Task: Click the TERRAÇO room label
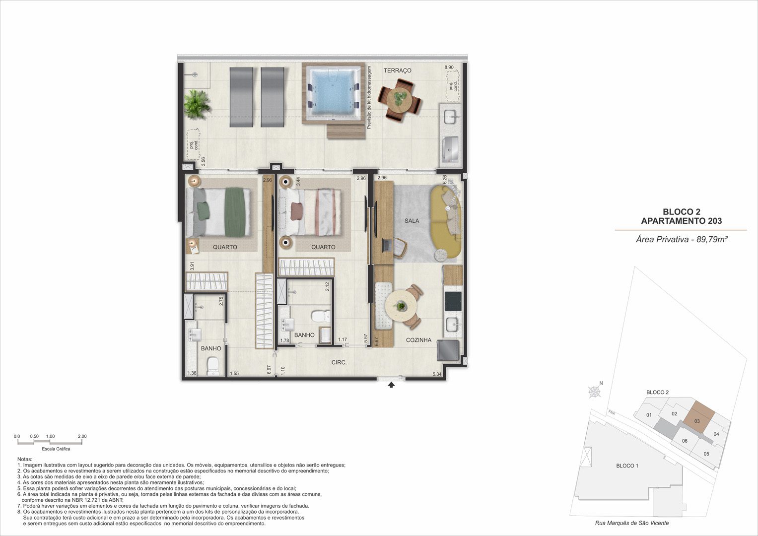(397, 70)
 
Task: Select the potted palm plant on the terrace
(197, 104)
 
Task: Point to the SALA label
(412, 221)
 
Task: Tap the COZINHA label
(418, 340)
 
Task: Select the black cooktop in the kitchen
(453, 301)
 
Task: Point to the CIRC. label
(339, 362)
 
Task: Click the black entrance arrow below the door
(391, 385)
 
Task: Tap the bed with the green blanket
(218, 212)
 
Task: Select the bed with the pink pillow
(310, 212)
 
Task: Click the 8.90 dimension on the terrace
(449, 67)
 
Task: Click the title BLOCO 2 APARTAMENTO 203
(682, 216)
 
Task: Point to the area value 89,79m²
(710, 240)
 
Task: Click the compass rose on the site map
(594, 392)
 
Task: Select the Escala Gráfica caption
(56, 449)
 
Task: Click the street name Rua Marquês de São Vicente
(632, 523)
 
